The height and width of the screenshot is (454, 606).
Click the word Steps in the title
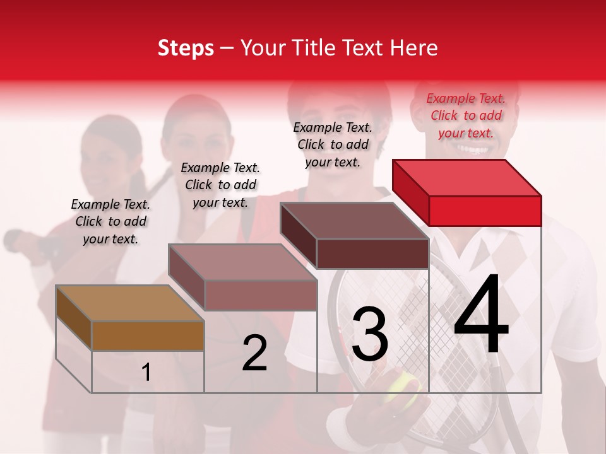[x=186, y=48]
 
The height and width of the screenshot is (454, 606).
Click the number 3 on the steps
[x=370, y=334]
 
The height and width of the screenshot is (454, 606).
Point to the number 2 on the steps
[x=254, y=353]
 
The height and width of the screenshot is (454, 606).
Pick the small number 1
[x=146, y=373]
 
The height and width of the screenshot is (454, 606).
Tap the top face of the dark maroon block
[x=355, y=221]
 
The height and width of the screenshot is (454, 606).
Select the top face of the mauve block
[x=243, y=262]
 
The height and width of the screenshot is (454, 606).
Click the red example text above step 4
[x=466, y=115]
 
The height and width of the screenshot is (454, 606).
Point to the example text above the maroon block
[x=333, y=144]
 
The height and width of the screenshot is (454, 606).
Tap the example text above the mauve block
[x=220, y=185]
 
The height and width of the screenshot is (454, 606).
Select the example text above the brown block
[x=110, y=221]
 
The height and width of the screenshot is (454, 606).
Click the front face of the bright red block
[x=485, y=211]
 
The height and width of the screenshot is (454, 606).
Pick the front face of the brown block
[x=148, y=335]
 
